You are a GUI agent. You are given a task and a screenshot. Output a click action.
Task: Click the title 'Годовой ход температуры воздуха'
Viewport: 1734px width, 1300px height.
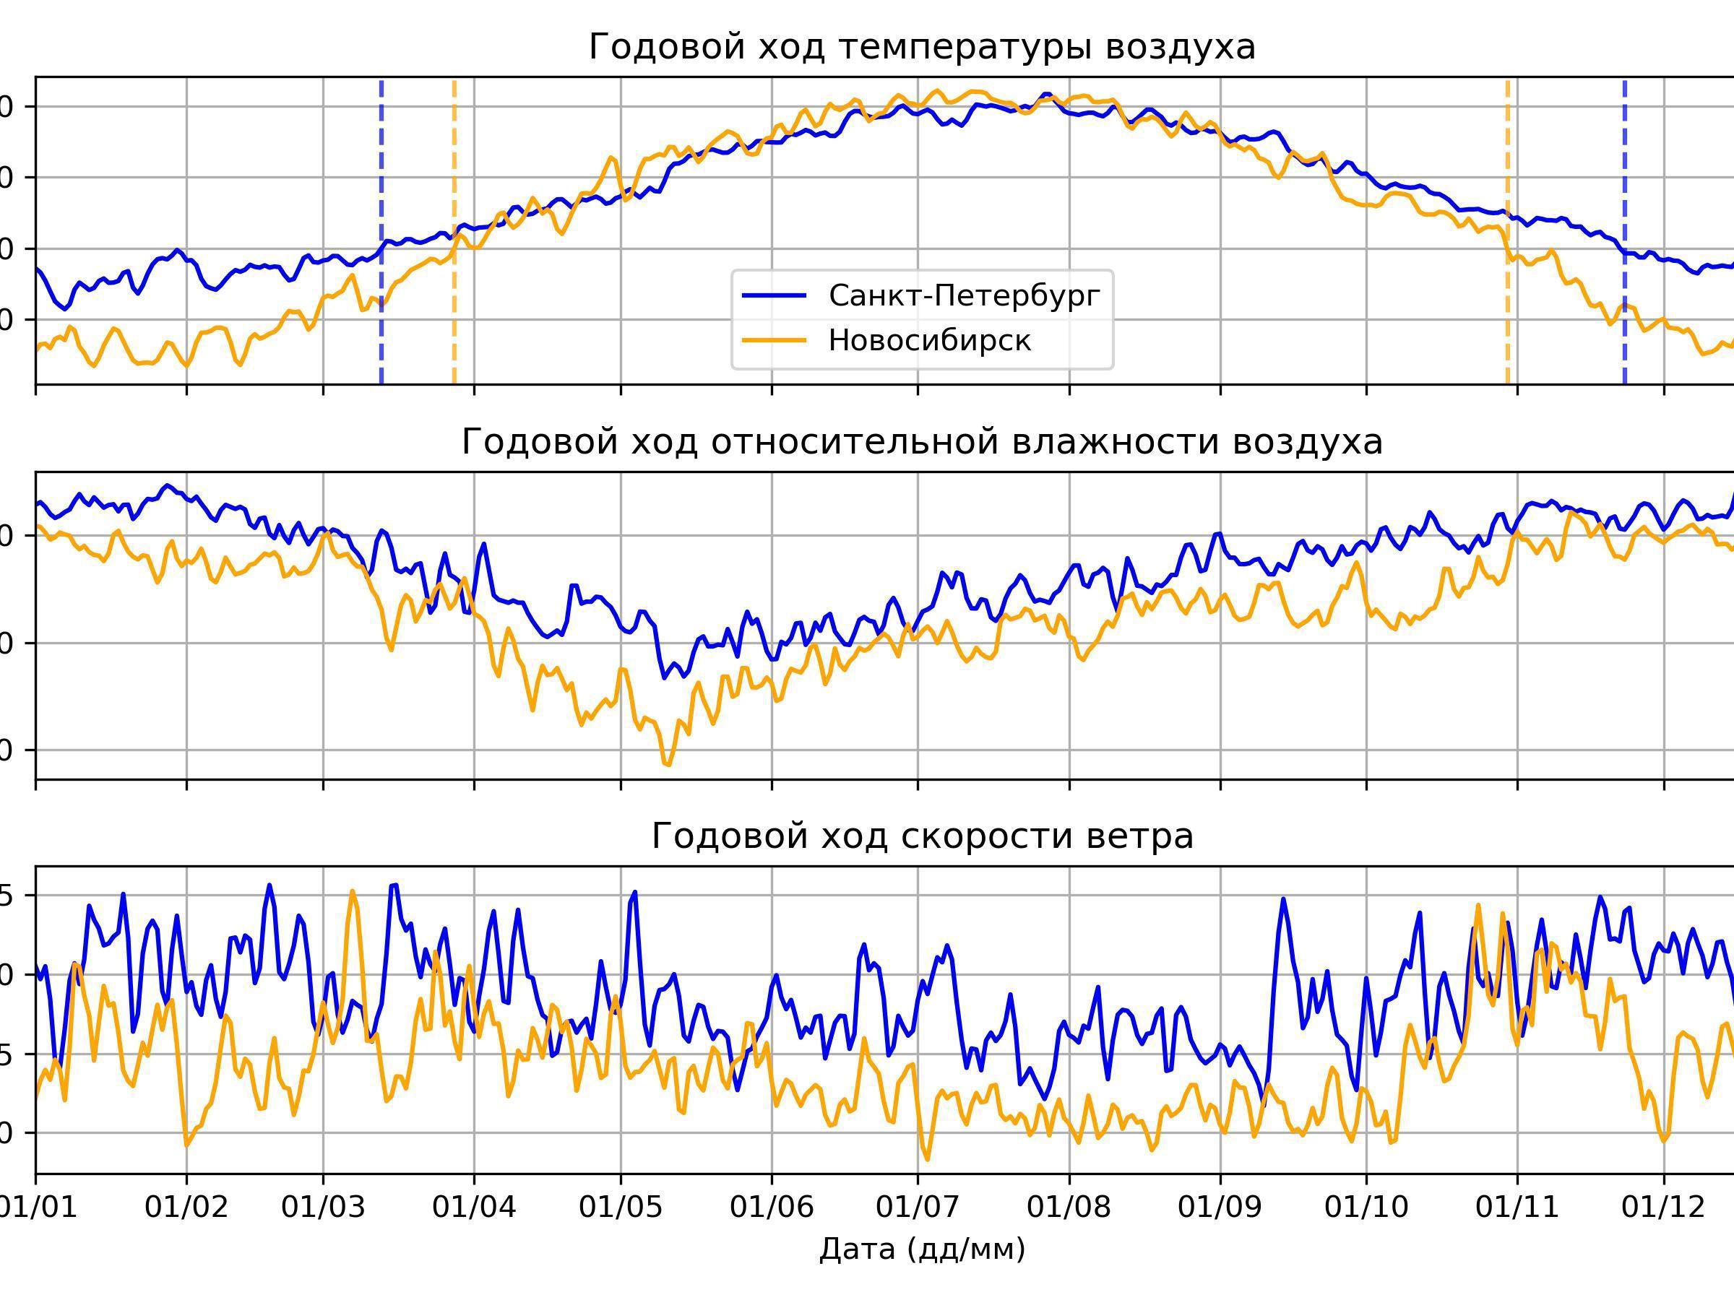922,47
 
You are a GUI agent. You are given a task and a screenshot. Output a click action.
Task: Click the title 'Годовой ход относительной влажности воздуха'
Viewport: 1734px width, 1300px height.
922,442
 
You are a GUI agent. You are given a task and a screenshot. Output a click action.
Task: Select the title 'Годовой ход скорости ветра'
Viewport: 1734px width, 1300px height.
922,836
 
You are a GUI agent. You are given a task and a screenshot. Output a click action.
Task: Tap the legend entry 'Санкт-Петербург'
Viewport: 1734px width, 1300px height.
965,295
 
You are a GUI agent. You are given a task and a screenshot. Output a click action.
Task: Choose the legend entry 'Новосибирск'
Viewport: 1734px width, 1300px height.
930,340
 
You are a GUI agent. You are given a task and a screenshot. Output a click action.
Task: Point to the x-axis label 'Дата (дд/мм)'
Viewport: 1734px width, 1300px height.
922,1248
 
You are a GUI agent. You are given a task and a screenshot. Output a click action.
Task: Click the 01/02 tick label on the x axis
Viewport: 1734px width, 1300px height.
186,1208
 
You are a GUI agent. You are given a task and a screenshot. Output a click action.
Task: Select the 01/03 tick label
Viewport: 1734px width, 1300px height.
323,1208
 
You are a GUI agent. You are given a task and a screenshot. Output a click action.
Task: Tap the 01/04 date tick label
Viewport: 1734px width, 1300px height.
473,1208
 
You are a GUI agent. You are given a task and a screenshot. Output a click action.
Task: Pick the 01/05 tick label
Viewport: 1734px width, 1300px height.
621,1208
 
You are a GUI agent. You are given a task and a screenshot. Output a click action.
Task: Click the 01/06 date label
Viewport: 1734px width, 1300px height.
772,1208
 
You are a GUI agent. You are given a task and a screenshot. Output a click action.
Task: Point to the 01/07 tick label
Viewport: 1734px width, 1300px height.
918,1208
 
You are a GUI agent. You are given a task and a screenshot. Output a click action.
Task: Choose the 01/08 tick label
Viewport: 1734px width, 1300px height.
1069,1208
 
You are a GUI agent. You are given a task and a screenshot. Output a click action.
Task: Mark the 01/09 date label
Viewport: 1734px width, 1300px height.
1220,1208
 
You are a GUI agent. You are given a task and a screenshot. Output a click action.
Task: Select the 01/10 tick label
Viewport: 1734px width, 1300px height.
1366,1208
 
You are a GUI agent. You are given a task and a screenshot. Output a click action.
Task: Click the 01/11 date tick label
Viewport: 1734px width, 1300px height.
1518,1208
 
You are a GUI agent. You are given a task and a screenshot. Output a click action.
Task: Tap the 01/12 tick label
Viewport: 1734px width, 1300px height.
1663,1208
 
